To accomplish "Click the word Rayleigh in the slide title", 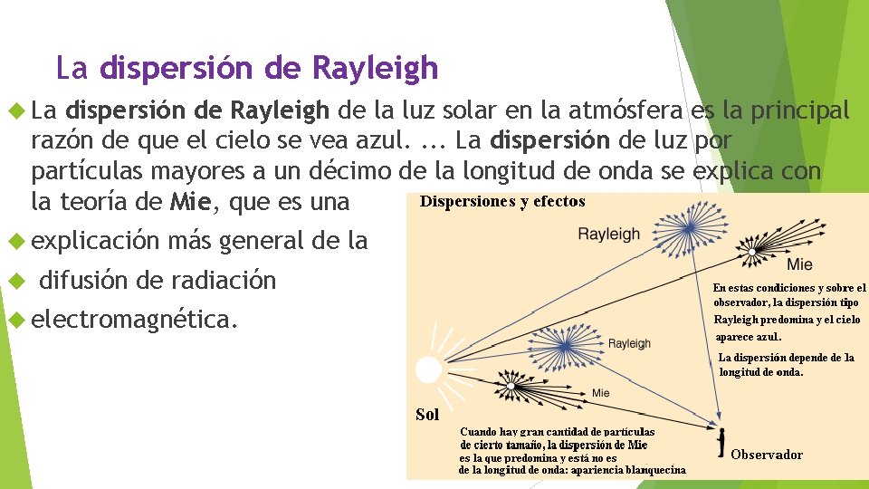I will coord(375,68).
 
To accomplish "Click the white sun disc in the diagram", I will coord(427,369).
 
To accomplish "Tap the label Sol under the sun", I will coord(427,415).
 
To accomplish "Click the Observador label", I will coord(767,455).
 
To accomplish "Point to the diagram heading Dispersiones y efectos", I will coord(502,202).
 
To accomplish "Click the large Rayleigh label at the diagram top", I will coord(609,234).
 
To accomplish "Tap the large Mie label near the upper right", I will coord(799,264).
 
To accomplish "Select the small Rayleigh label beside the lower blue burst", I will coord(629,343).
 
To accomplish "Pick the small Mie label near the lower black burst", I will coord(601,393).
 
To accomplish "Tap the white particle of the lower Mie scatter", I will coord(511,386).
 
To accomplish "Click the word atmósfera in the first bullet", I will coord(624,111).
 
